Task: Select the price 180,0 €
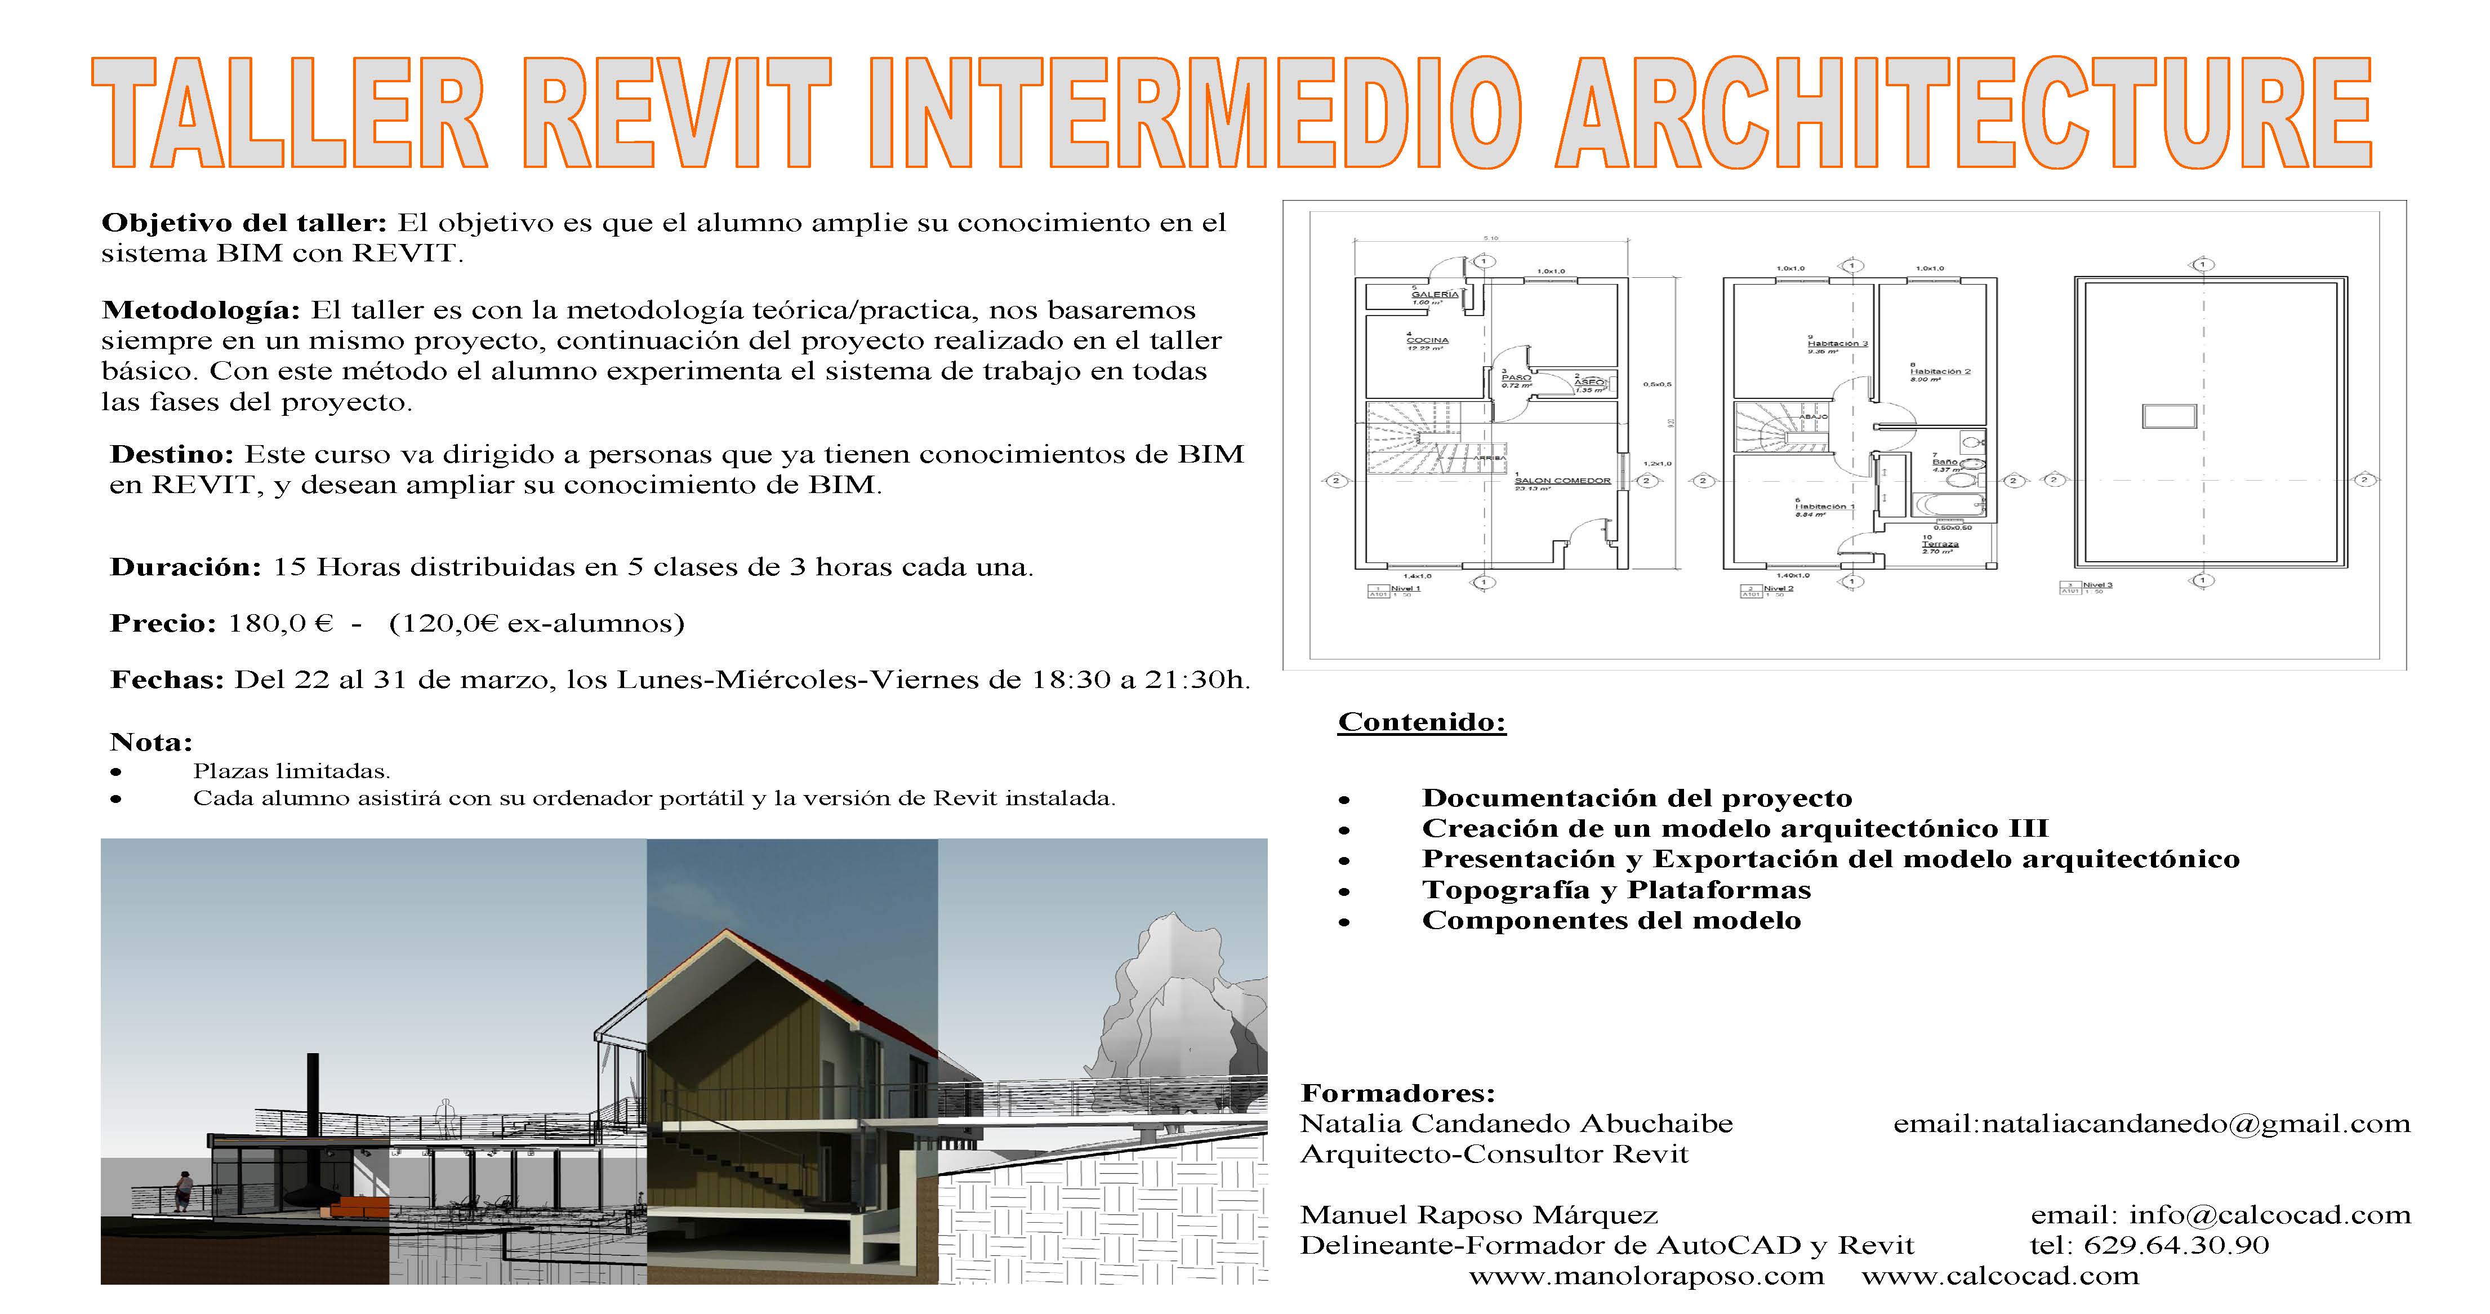tap(280, 624)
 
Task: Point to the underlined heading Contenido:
tap(1421, 722)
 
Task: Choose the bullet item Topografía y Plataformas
tap(1616, 890)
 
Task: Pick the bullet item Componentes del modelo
tap(1611, 921)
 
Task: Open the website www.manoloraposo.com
tap(1646, 1276)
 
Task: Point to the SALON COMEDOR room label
tap(1562, 481)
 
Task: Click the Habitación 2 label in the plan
tap(1939, 371)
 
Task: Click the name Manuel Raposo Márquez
tap(1479, 1215)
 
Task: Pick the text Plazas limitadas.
tap(291, 771)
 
